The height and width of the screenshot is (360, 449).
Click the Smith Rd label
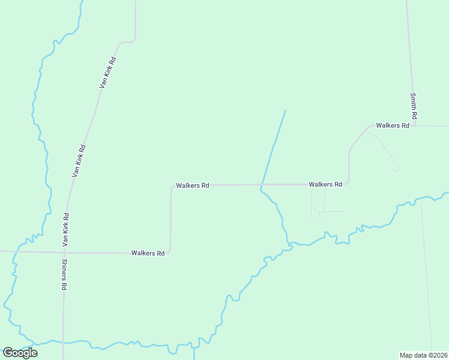pyautogui.click(x=414, y=105)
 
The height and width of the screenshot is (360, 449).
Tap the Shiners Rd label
pyautogui.click(x=63, y=275)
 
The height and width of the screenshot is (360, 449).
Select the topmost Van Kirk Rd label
pyautogui.click(x=107, y=73)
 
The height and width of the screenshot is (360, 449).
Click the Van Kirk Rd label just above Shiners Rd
pyautogui.click(x=66, y=230)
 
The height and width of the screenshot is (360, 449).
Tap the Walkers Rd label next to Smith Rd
pyautogui.click(x=392, y=125)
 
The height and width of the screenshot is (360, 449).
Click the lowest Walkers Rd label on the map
pyautogui.click(x=148, y=253)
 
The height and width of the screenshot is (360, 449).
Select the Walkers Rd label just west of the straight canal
pyautogui.click(x=192, y=186)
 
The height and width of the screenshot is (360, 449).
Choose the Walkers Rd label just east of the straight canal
pyautogui.click(x=325, y=184)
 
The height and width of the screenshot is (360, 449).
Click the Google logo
pyautogui.click(x=20, y=353)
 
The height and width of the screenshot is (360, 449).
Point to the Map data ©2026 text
pyautogui.click(x=424, y=355)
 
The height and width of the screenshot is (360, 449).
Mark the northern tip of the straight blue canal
pyautogui.click(x=285, y=110)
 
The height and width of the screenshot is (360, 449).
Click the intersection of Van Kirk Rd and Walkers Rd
pyautogui.click(x=64, y=253)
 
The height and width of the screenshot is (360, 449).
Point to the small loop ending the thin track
pyautogui.click(x=396, y=170)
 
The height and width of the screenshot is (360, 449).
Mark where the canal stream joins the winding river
pyautogui.click(x=290, y=244)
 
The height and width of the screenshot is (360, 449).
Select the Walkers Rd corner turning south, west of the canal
pyautogui.click(x=172, y=187)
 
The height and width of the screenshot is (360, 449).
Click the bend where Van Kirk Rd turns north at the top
pyautogui.click(x=134, y=40)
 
